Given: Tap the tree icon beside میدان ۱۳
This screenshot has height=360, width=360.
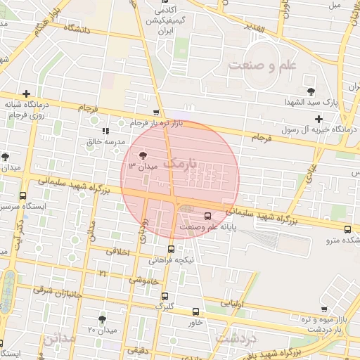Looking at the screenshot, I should click(x=143, y=155).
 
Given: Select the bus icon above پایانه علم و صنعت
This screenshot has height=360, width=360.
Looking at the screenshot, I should click(x=207, y=216).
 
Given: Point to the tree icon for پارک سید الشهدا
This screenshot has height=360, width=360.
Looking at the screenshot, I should click(x=311, y=91).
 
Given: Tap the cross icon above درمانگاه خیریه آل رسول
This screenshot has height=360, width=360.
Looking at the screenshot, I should click(x=320, y=118).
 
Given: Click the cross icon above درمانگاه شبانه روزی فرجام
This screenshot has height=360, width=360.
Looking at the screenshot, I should click(x=26, y=94).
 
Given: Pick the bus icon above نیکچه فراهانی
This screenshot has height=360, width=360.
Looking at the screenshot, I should click(x=171, y=249).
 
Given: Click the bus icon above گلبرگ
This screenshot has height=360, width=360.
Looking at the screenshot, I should click(x=165, y=296).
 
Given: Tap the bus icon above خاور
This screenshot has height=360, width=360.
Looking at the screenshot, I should click(x=195, y=311).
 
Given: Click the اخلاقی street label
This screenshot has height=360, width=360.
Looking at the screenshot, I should click(x=117, y=251).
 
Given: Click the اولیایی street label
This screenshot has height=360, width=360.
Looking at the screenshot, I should click(x=233, y=304).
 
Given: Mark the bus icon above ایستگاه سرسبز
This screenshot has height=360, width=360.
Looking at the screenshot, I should click(x=23, y=196).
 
